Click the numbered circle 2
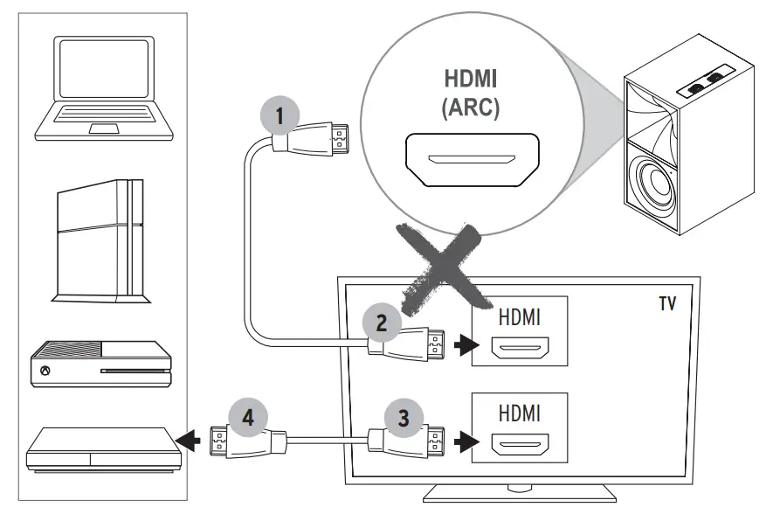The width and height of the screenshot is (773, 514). point(382,322)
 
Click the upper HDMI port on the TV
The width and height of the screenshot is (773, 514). point(519,351)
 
